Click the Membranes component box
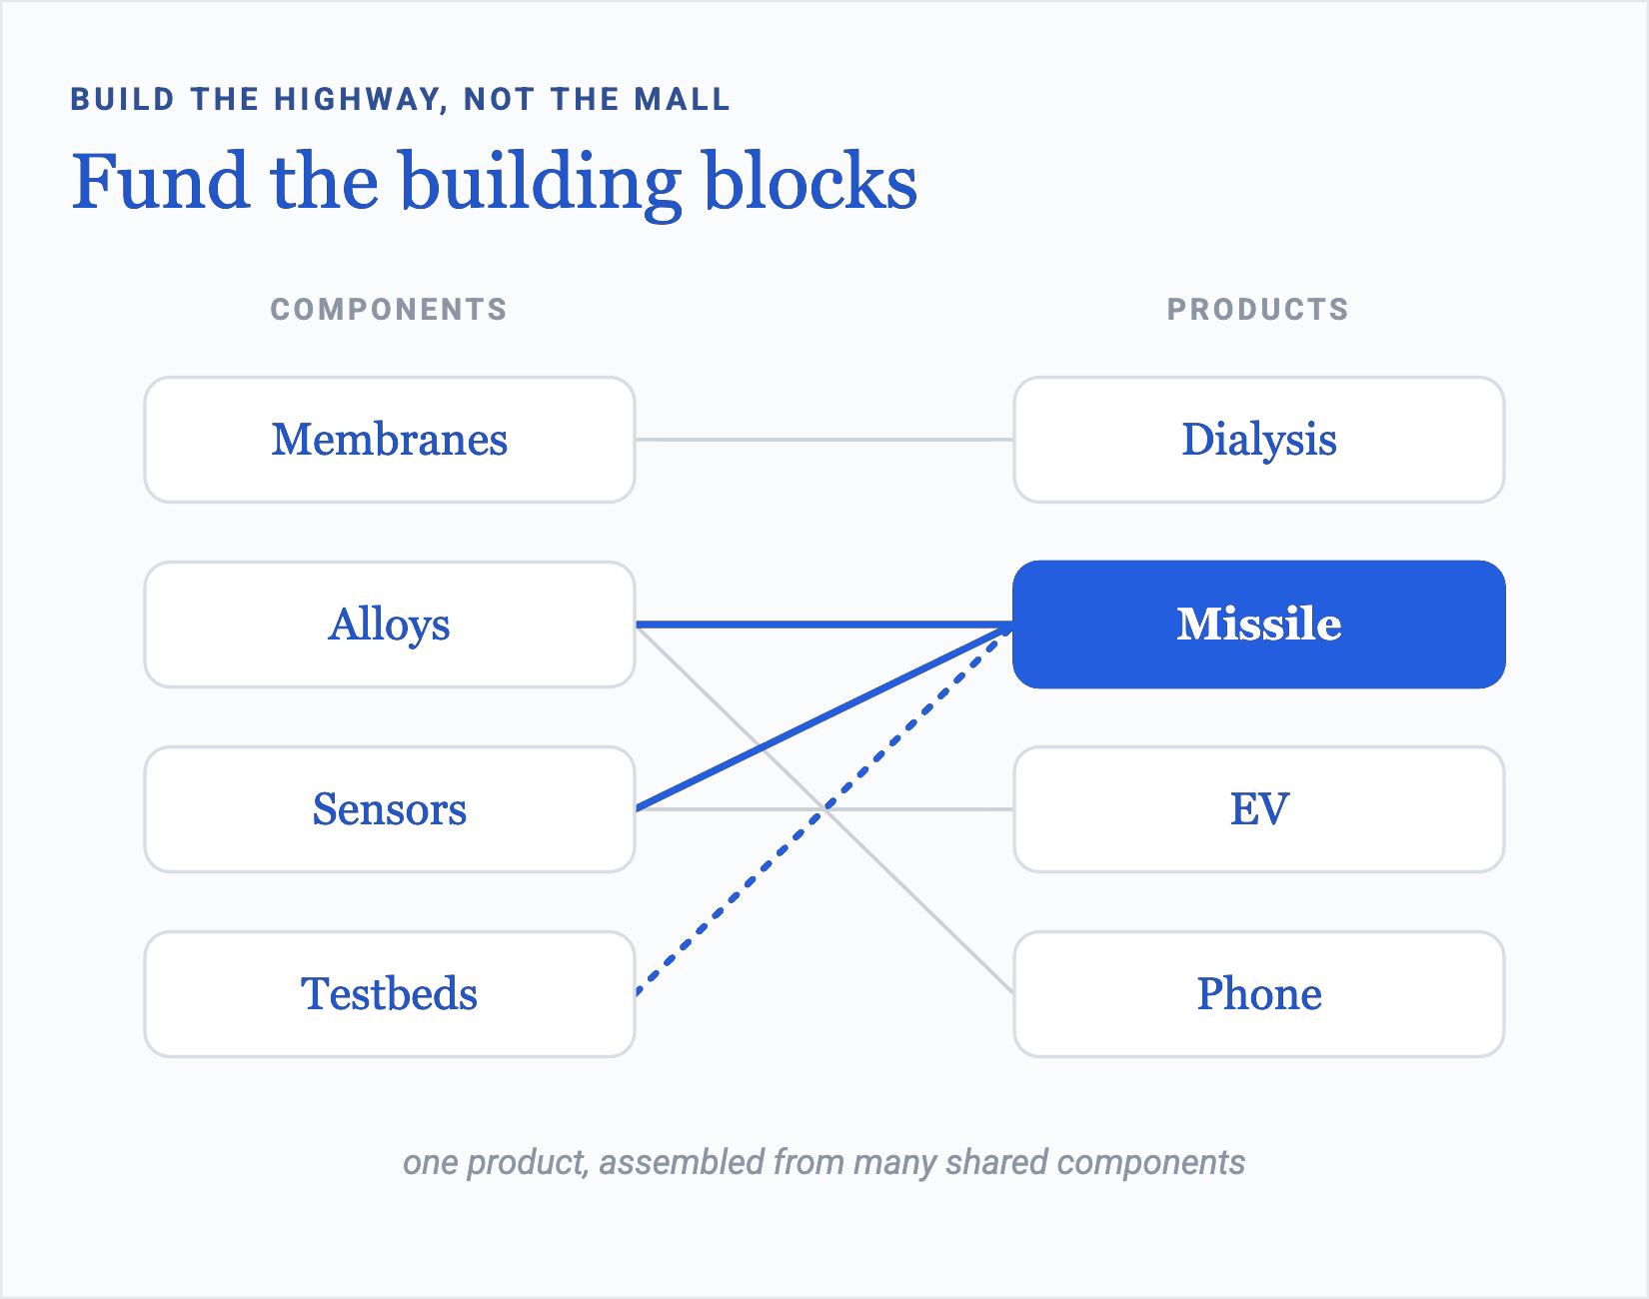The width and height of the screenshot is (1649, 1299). click(390, 440)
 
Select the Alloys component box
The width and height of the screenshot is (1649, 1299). click(390, 625)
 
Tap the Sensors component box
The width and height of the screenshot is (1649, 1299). click(390, 809)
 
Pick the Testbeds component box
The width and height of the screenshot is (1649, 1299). click(390, 994)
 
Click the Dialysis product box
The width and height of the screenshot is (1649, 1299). click(1259, 440)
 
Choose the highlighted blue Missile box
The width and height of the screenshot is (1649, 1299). click(1259, 625)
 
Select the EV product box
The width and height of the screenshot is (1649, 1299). click(1259, 809)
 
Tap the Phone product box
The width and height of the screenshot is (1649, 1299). click(1259, 994)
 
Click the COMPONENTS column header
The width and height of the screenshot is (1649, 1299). click(389, 310)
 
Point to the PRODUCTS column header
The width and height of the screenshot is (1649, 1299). click(1258, 310)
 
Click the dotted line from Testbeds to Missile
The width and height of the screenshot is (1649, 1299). click(824, 809)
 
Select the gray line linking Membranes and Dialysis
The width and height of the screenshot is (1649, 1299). click(824, 440)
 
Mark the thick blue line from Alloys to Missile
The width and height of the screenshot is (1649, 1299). click(824, 625)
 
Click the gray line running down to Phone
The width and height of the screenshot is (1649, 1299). click(824, 809)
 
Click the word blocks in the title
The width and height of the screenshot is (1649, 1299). click(811, 182)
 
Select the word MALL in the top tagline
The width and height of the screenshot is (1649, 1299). click(682, 100)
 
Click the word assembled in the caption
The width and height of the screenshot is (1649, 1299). click(682, 1162)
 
